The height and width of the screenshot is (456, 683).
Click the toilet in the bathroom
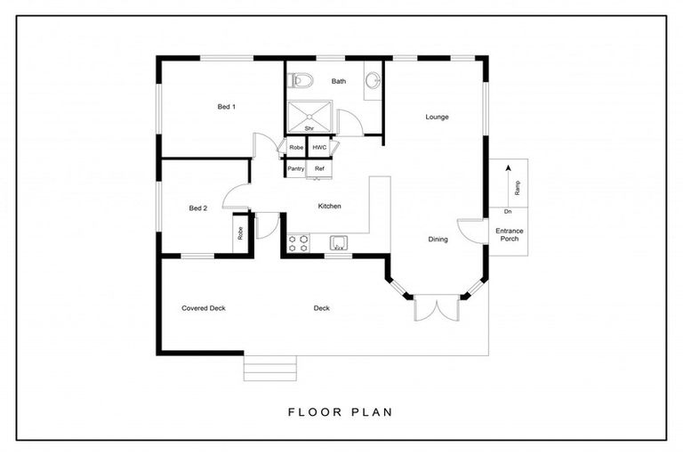coord(301,80)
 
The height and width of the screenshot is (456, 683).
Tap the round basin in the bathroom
coord(373,80)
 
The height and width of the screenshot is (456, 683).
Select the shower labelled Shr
coord(309,117)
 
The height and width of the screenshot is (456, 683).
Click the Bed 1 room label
coord(227,107)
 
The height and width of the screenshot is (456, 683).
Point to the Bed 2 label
coord(198,208)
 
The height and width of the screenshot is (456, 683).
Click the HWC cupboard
coord(319,148)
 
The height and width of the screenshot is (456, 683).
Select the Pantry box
coord(296,168)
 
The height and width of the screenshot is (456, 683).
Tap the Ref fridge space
coord(319,169)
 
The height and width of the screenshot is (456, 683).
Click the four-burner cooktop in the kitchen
coord(299,243)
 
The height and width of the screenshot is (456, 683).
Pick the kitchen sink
coord(339,243)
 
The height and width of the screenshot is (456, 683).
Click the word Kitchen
coord(329,206)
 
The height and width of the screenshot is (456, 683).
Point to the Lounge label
coord(437,117)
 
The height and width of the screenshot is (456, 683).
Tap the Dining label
coord(438,239)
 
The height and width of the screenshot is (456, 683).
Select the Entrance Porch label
coord(510,235)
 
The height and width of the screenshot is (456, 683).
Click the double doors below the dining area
coord(437,308)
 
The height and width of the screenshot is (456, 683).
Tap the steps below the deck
coord(270,369)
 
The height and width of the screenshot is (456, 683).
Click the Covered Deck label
coord(204,308)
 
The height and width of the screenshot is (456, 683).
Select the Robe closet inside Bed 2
coord(240,233)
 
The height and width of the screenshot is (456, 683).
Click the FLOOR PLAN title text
coord(341,412)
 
